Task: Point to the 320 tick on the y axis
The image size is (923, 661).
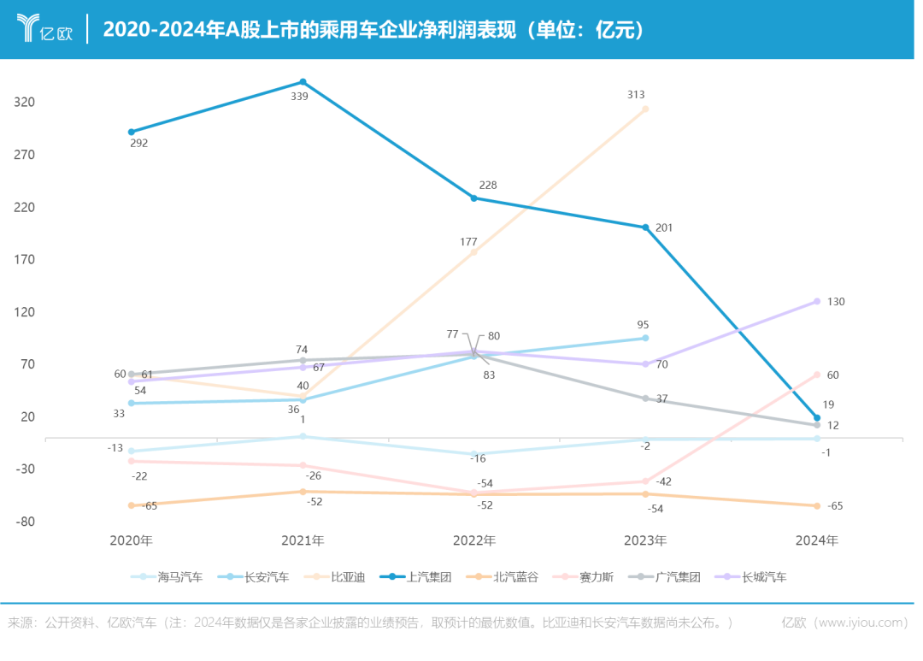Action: pos(25,102)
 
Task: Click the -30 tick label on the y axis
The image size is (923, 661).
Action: pos(25,469)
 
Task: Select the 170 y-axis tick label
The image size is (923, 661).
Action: pos(25,259)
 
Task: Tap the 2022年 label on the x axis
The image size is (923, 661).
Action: pos(473,540)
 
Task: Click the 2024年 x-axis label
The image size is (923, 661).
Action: pos(817,540)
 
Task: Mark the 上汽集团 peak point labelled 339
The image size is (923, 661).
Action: pos(303,82)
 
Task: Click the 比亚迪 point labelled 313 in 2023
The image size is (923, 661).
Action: pos(645,109)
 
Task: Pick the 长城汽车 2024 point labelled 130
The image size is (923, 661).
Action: pos(817,301)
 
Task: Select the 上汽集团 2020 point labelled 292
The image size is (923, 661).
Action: pos(132,132)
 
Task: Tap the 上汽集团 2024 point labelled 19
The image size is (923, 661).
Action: pos(817,418)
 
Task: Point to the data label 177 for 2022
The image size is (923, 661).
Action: pos(468,242)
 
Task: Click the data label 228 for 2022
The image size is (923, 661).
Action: pos(488,185)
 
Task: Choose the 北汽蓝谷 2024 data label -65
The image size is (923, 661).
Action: pos(835,505)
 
